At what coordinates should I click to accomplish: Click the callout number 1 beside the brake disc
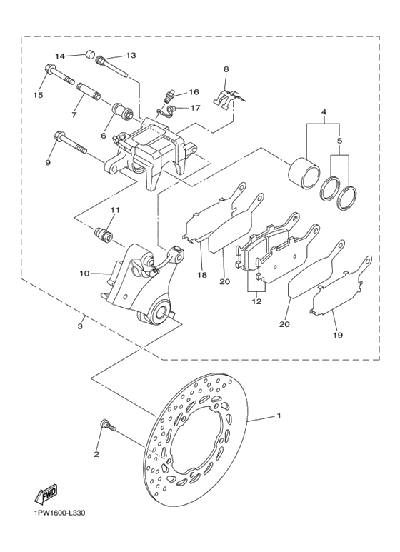click(279, 415)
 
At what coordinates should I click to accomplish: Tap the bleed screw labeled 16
click(170, 95)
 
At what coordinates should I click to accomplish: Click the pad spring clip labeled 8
click(228, 94)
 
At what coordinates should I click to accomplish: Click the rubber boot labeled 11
click(106, 233)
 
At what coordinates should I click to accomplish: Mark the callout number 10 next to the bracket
click(84, 273)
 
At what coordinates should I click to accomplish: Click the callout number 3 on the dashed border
click(80, 326)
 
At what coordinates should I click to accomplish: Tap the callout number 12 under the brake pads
click(256, 302)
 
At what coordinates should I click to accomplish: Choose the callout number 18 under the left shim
click(201, 275)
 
